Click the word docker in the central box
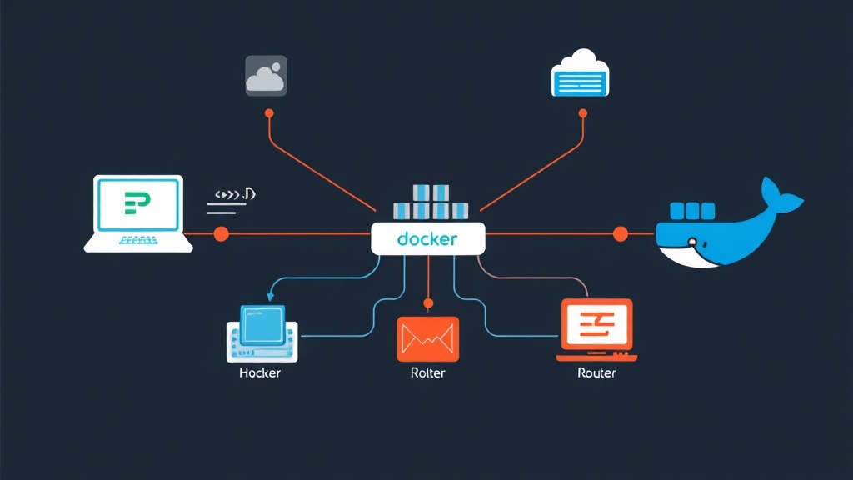(x=427, y=239)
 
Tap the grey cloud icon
(x=267, y=75)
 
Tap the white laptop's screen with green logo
(x=137, y=203)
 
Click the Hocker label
(x=260, y=372)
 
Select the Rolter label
(x=428, y=372)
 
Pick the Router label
(x=596, y=372)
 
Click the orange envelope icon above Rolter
(x=428, y=338)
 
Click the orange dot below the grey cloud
(x=268, y=112)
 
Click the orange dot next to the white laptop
(x=221, y=234)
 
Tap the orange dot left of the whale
(x=620, y=234)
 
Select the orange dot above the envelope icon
(x=428, y=303)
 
